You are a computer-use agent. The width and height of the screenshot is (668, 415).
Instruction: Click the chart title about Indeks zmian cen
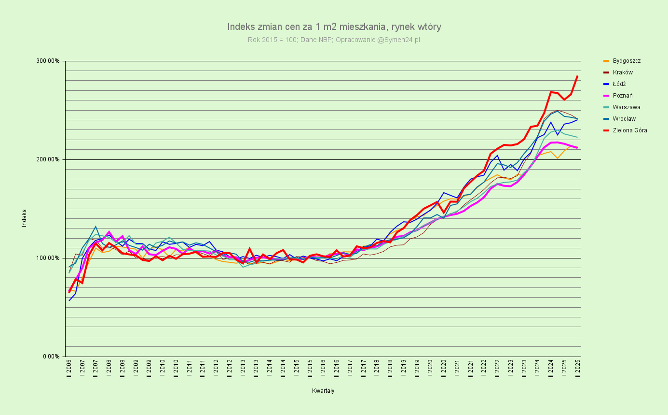pyautogui.click(x=334, y=27)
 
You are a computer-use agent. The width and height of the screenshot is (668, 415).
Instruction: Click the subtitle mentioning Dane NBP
pyautogui.click(x=334, y=40)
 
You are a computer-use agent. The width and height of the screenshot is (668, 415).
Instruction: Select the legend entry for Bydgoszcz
pyautogui.click(x=627, y=61)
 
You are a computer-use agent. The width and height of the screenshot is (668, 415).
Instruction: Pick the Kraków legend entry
pyautogui.click(x=623, y=72)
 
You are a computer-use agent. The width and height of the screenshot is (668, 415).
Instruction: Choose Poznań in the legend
pyautogui.click(x=623, y=96)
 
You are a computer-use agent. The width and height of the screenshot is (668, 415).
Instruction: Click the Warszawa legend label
pyautogui.click(x=626, y=107)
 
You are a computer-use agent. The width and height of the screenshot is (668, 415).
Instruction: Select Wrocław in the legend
pyautogui.click(x=624, y=119)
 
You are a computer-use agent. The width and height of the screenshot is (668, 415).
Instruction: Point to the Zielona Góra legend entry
pyautogui.click(x=630, y=130)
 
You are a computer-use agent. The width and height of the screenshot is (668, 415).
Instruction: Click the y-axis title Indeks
pyautogui.click(x=24, y=218)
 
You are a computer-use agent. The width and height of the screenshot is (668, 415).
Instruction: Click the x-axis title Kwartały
pyautogui.click(x=323, y=391)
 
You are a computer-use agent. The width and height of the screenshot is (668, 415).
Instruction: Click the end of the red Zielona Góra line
pyautogui.click(x=577, y=76)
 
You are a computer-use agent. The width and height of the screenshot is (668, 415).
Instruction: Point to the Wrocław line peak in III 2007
pyautogui.click(x=95, y=227)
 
